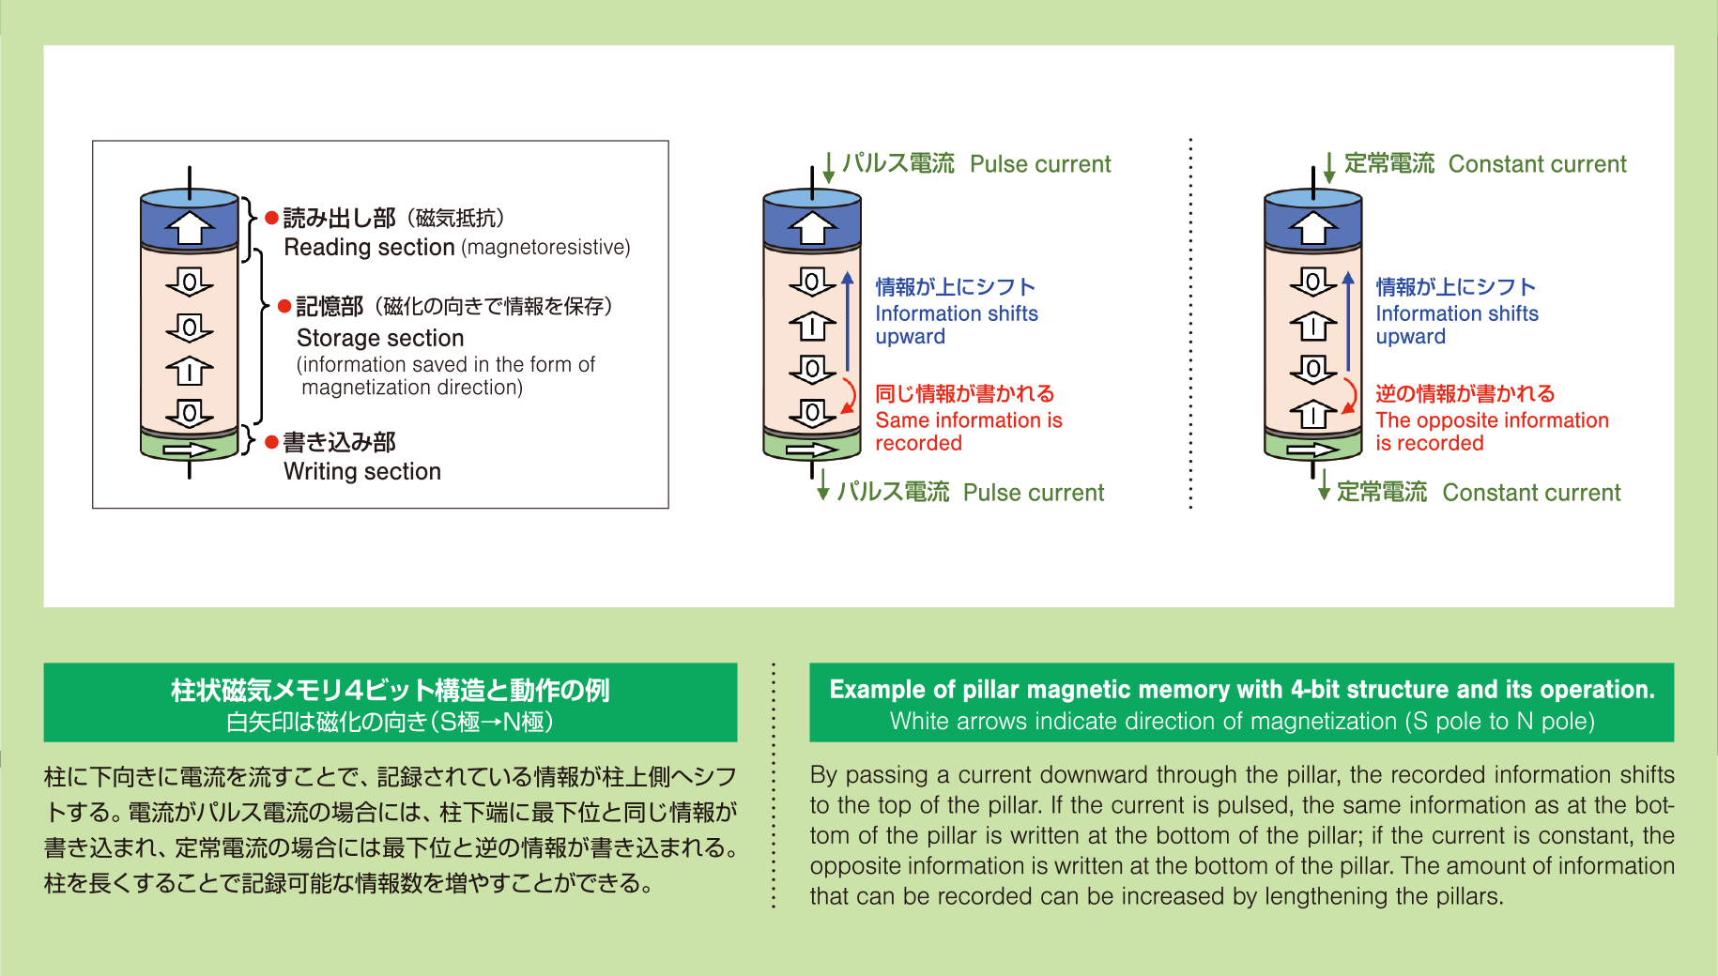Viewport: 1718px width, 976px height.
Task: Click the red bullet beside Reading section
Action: coord(271,219)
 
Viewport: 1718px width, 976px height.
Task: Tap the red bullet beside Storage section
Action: coord(284,307)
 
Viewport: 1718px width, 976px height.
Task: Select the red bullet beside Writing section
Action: coord(271,442)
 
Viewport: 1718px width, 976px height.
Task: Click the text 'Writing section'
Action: coord(362,471)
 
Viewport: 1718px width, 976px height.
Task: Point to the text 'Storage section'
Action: coord(380,338)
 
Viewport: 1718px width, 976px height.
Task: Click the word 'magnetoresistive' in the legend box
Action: coord(546,248)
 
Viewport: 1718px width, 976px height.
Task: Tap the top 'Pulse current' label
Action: coord(1040,164)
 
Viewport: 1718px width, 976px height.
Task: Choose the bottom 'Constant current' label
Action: coord(1531,493)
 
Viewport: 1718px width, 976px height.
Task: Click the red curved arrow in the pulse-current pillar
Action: coord(850,395)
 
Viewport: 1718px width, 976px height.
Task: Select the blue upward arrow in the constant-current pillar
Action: coord(1348,320)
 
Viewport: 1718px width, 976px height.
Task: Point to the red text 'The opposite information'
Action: coord(1492,420)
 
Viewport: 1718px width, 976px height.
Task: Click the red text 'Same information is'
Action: coord(968,420)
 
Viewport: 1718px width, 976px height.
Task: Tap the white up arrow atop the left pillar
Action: coord(190,227)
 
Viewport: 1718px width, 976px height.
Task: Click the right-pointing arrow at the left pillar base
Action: coord(189,450)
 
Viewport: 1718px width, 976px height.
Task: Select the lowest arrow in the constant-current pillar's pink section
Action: coord(1312,413)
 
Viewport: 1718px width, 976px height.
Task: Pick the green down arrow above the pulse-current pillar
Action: coord(829,168)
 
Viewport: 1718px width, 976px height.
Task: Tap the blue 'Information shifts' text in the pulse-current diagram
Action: coord(957,313)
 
